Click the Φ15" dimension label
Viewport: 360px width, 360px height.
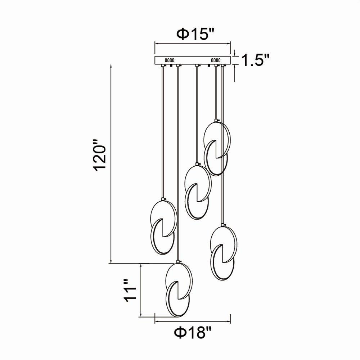pos(195,35)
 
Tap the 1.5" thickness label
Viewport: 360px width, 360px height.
pos(256,60)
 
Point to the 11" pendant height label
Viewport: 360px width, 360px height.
pos(130,290)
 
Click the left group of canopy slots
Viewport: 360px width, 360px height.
pos(170,60)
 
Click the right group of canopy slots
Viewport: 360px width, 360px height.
pos(216,60)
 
